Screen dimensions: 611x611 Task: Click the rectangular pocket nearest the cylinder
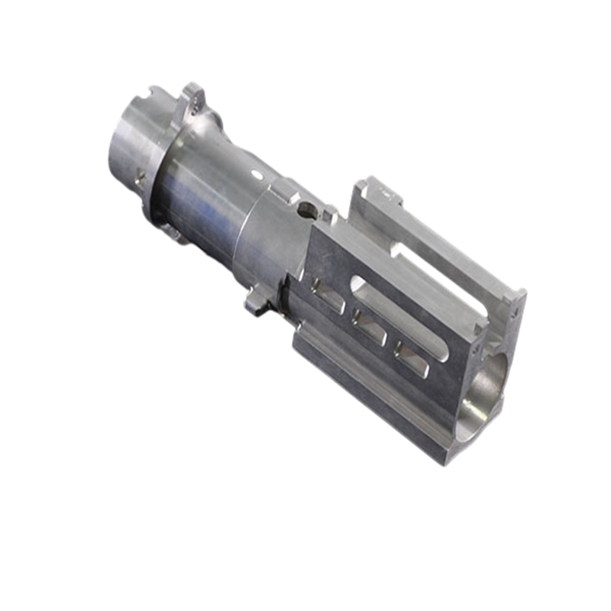tap(325, 294)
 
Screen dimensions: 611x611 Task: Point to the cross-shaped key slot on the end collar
tap(139, 177)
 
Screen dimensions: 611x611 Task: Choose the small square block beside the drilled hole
tap(329, 216)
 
